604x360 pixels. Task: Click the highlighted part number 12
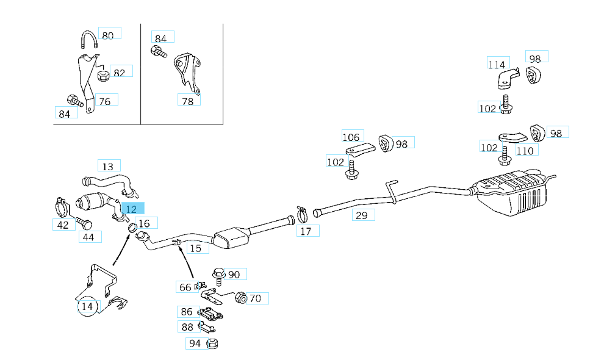coord(132,209)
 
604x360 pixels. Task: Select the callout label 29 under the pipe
coord(362,215)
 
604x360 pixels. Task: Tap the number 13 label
coord(109,166)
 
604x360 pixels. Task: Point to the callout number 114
coord(497,63)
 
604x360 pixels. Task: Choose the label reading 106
coord(351,137)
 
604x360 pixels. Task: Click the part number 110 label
coord(525,151)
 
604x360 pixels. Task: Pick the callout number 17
coord(306,231)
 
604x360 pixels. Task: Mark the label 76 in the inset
coord(105,101)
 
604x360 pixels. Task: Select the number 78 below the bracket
coord(188,101)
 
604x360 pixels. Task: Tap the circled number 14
coord(87,306)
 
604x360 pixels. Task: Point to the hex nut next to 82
coord(103,76)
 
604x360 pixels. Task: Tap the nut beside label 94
coord(213,344)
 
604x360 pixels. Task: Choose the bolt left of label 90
coord(219,276)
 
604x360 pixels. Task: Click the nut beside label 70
coord(240,298)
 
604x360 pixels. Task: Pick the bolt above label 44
coord(83,223)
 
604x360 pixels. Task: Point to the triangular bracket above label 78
coord(187,71)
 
